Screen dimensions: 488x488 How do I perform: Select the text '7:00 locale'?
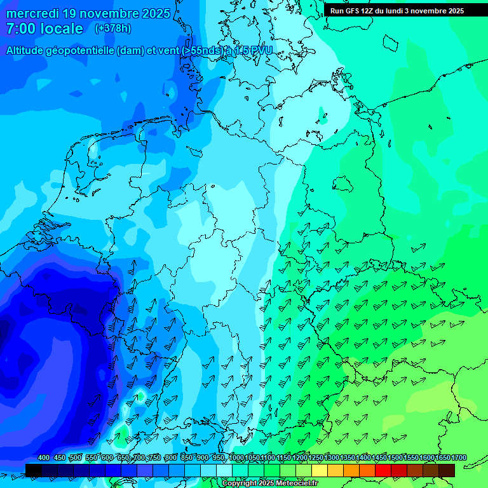(x=44, y=29)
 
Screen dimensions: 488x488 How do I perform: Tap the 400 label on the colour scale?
(x=44, y=458)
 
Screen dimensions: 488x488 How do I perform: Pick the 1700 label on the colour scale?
(x=459, y=458)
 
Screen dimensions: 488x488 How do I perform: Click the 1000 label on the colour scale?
(x=236, y=458)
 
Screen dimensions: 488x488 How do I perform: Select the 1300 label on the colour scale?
(x=331, y=458)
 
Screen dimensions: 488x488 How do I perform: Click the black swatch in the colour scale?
(x=34, y=470)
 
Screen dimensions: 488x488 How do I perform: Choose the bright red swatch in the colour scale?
(x=383, y=470)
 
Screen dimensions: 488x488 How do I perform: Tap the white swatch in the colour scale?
(x=224, y=470)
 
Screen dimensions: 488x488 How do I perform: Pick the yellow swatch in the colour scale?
(x=320, y=470)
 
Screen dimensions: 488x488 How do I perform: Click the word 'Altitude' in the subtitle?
(x=25, y=50)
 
